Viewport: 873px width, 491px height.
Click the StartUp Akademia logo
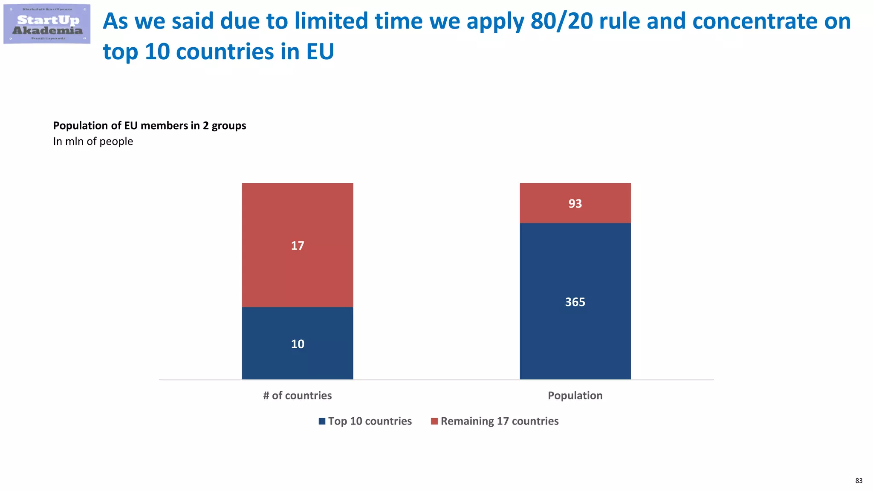pos(47,24)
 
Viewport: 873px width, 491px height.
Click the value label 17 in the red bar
pos(298,246)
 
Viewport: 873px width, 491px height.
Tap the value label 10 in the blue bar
pos(298,344)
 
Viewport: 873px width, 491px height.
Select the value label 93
pos(575,204)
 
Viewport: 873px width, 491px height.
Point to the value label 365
pos(575,302)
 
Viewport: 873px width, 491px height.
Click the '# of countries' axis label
pos(298,396)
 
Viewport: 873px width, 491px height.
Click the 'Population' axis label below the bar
pos(575,396)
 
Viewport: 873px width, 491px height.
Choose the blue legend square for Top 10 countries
pos(322,421)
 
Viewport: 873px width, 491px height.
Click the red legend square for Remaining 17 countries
pos(434,421)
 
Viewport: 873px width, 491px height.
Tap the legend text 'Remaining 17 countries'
pos(500,421)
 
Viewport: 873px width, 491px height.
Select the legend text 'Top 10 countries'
pos(370,421)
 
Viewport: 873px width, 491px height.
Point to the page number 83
pos(859,481)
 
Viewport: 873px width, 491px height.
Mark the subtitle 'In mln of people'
pos(93,142)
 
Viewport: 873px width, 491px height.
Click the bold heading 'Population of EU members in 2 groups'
pos(150,126)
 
